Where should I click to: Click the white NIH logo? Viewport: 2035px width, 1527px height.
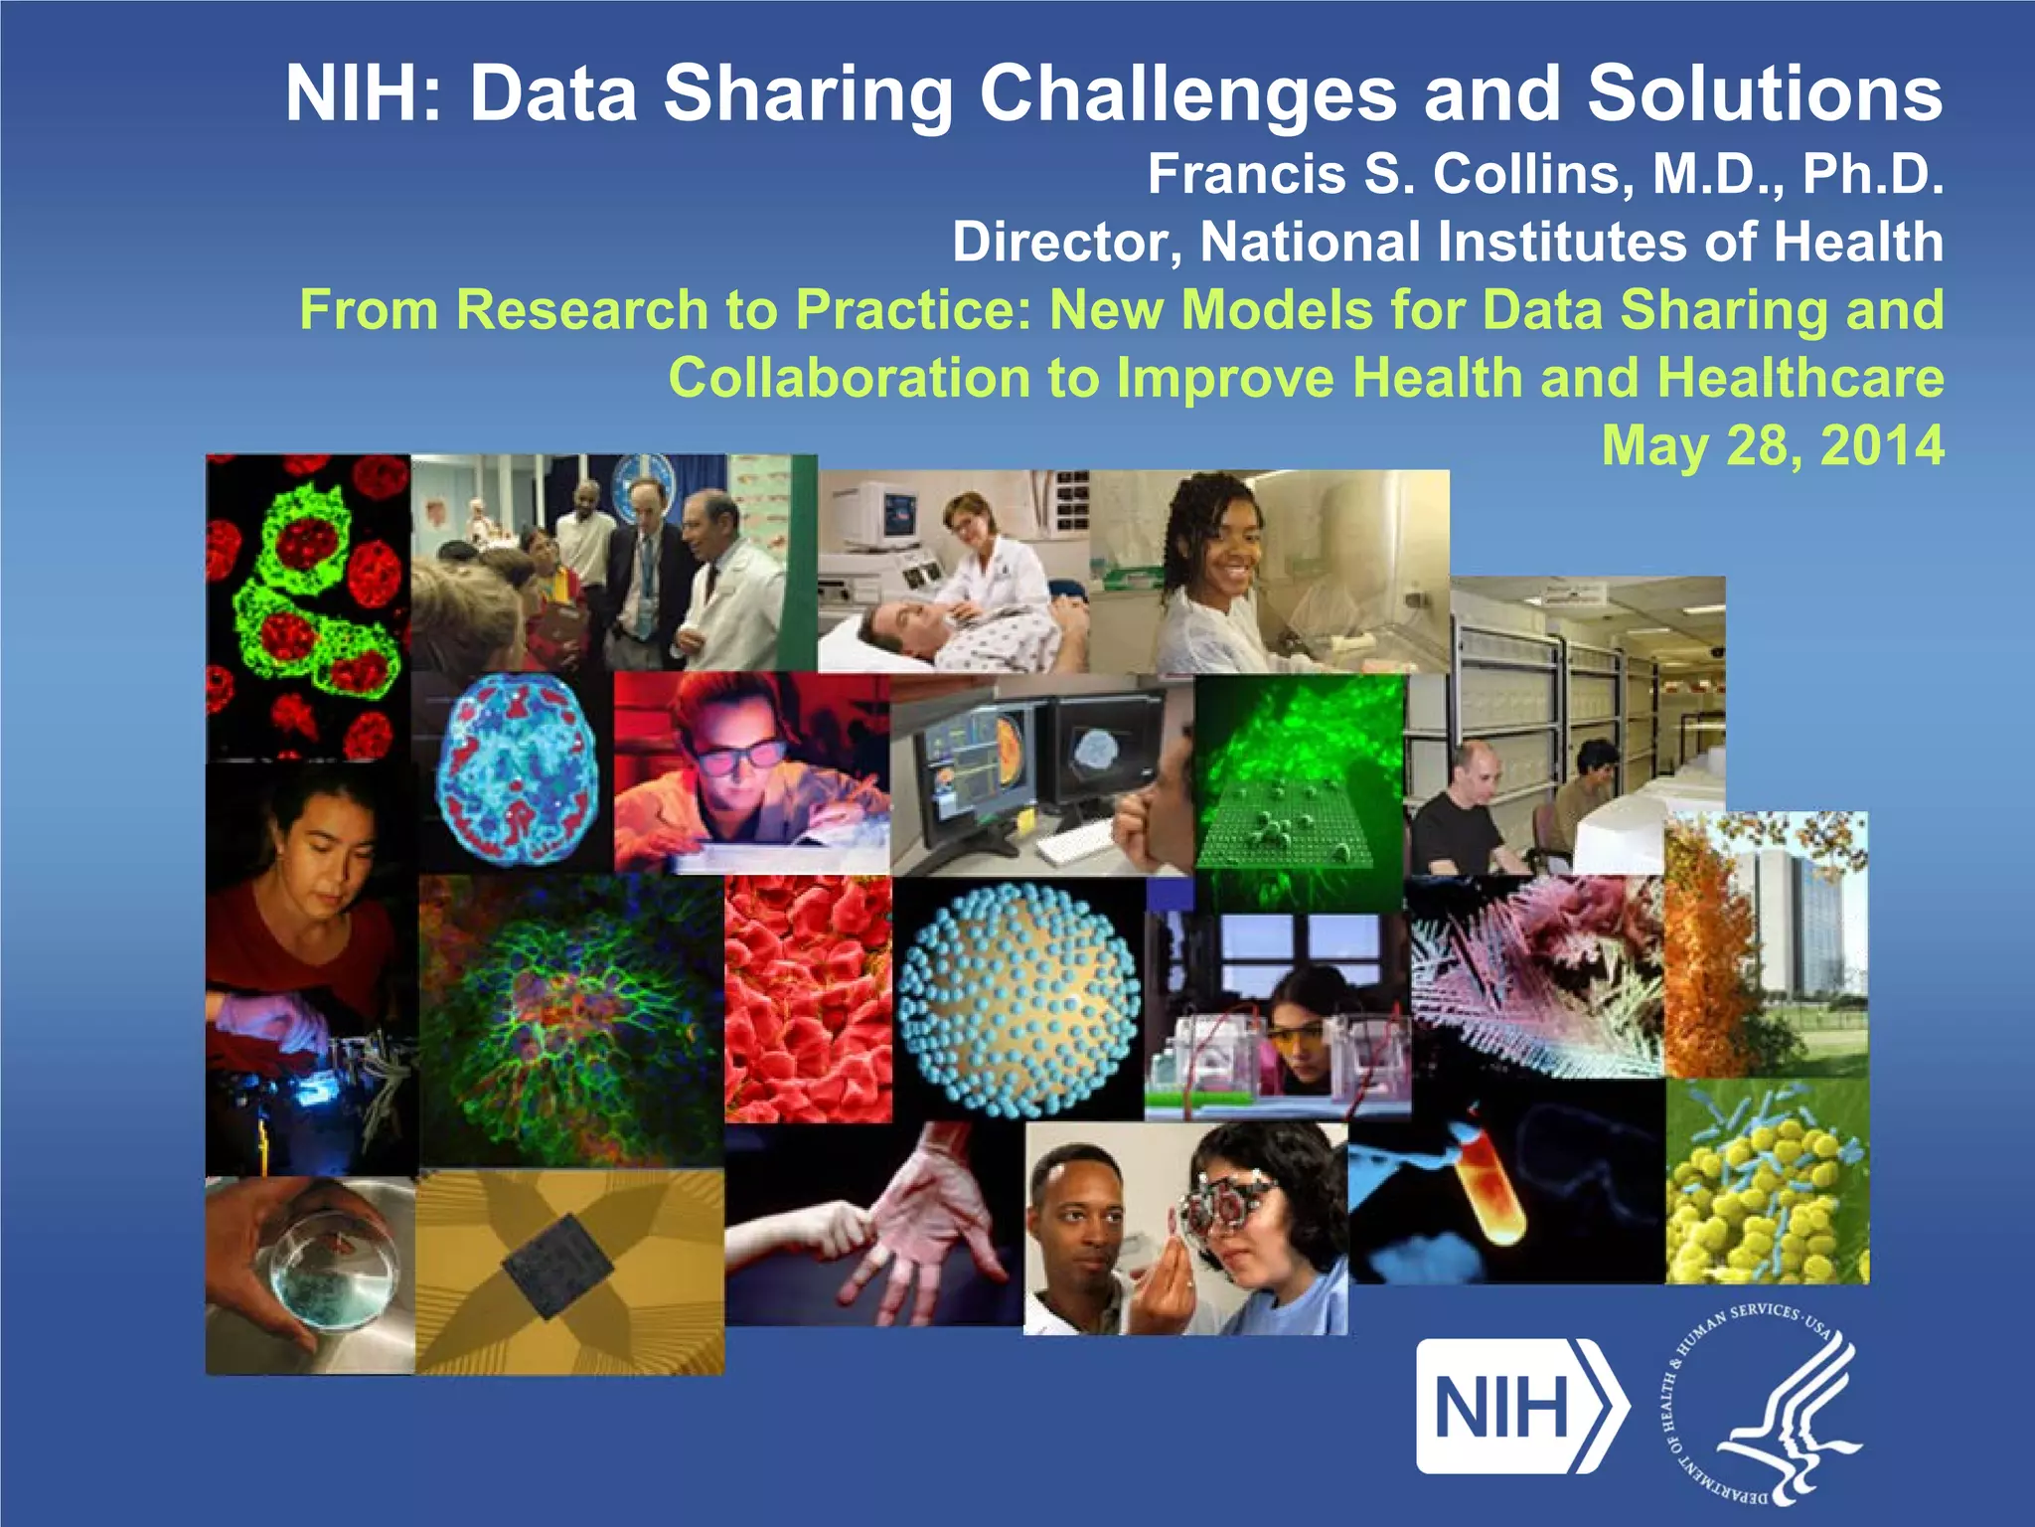1520,1406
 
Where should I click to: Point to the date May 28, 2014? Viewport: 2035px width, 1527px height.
1772,445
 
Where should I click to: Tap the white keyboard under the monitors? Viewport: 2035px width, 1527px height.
1078,846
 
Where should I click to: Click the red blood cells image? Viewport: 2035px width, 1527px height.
807,999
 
